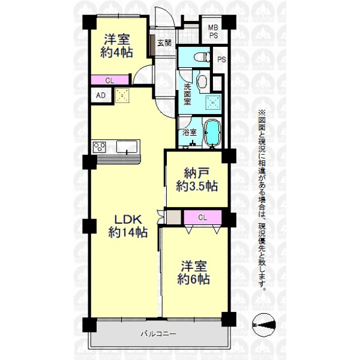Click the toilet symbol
pyautogui.click(x=202, y=57)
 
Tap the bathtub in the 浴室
pyautogui.click(x=212, y=133)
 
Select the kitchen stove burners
pyautogui.click(x=99, y=147)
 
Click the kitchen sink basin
pyautogui.click(x=127, y=147)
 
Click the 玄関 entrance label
pyautogui.click(x=164, y=43)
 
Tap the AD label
pyautogui.click(x=101, y=95)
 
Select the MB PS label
pyautogui.click(x=213, y=32)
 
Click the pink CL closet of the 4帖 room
pyautogui.click(x=110, y=80)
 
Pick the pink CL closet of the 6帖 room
pyautogui.click(x=203, y=217)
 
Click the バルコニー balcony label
pyautogui.click(x=158, y=334)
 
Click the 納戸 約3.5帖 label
pyautogui.click(x=197, y=180)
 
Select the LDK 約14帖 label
pyautogui.click(x=128, y=226)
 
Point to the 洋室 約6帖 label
pyautogui.click(x=194, y=272)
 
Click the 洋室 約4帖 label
pyautogui.click(x=117, y=46)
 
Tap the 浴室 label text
pyautogui.click(x=190, y=133)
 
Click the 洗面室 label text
pyautogui.click(x=187, y=94)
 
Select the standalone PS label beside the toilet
pyautogui.click(x=221, y=59)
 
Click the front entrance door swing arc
pyautogui.click(x=169, y=14)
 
